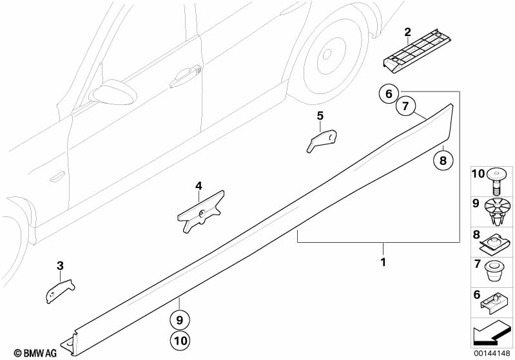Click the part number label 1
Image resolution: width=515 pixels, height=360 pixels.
[383, 262]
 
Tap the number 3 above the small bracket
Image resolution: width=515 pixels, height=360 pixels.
[60, 265]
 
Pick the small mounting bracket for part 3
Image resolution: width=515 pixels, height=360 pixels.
[59, 289]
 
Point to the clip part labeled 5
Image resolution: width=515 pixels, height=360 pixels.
[322, 140]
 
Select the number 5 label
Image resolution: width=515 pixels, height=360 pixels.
[320, 116]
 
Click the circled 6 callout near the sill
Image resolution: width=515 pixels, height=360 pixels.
[388, 95]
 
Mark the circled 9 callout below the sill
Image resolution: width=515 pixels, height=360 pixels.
[180, 319]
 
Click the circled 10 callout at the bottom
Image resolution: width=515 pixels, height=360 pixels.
[180, 340]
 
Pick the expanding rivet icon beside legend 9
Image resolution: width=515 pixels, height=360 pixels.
[498, 210]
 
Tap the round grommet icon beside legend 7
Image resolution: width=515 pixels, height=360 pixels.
[494, 271]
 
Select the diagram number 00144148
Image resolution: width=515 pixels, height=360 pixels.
[492, 353]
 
